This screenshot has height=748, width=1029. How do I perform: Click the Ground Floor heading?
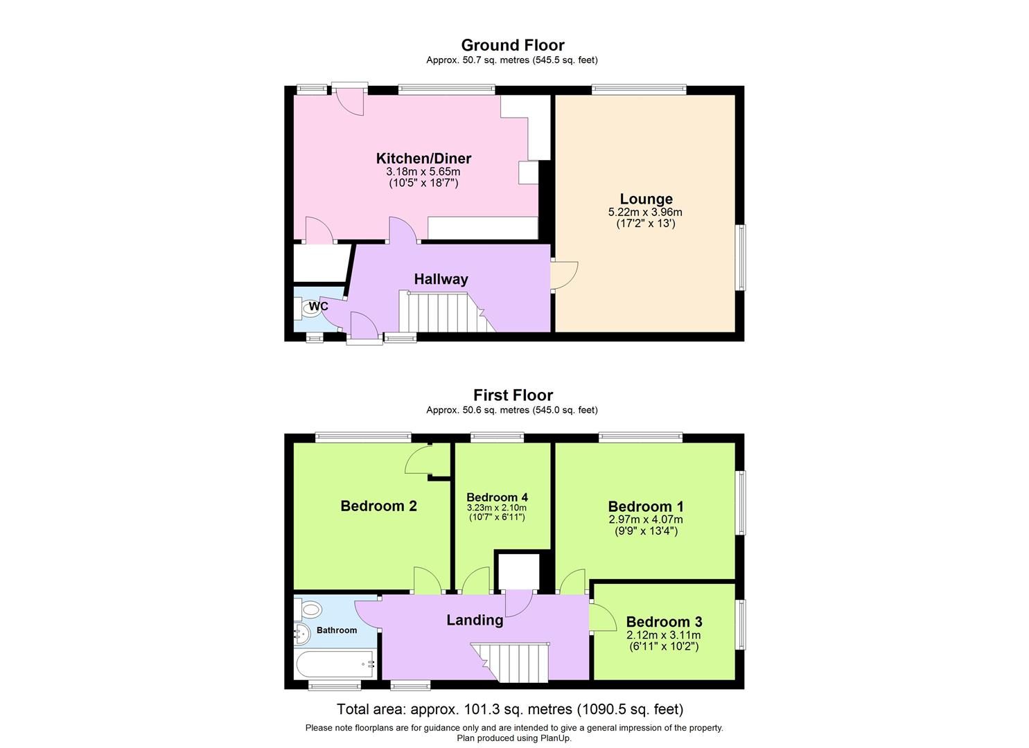(x=513, y=45)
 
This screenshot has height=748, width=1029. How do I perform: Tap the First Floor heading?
(x=513, y=395)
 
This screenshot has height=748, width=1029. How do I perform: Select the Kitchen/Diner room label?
(x=423, y=158)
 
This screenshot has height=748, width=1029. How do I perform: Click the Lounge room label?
(x=646, y=199)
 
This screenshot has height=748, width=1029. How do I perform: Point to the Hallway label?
(x=441, y=279)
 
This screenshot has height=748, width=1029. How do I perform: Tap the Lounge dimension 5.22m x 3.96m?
(x=645, y=213)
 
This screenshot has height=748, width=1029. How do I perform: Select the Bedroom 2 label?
(x=378, y=506)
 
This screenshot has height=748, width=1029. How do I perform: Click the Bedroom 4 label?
(x=497, y=497)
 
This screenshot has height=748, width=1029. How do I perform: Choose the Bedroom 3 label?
(x=664, y=622)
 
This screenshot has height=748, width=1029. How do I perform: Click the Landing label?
(x=475, y=620)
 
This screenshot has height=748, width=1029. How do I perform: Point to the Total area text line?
(x=509, y=709)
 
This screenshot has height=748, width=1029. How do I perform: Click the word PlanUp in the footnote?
(x=555, y=738)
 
